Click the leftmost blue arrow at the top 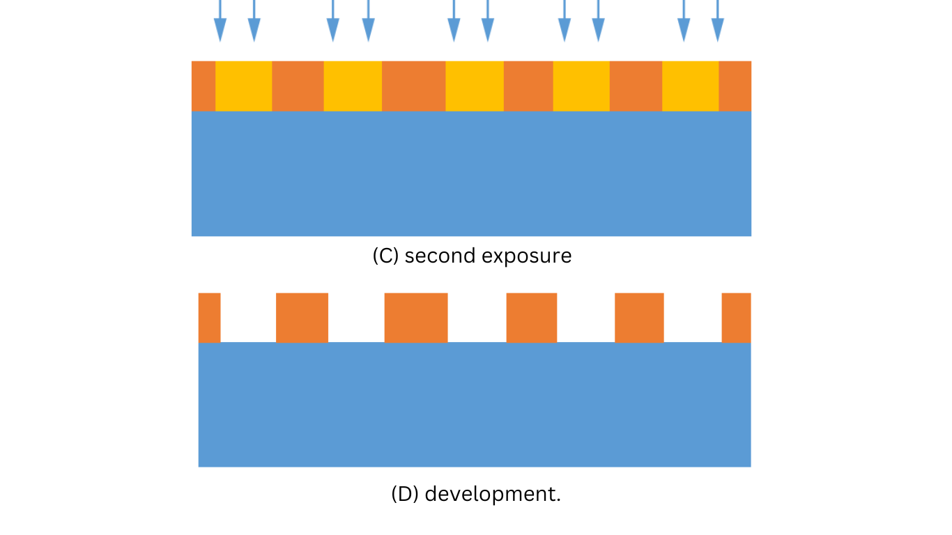(x=220, y=21)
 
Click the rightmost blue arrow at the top (x=717, y=21)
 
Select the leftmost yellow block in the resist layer (x=243, y=86)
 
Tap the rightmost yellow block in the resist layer (x=690, y=86)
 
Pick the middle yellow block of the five (x=475, y=86)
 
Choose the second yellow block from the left (x=353, y=86)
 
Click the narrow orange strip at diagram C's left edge (x=204, y=86)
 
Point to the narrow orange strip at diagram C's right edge (x=735, y=86)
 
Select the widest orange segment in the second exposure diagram (x=413, y=86)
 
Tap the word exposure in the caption (x=527, y=256)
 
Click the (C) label (x=385, y=256)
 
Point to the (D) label (x=405, y=494)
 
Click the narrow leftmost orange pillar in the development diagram (x=210, y=318)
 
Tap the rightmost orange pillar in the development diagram (x=736, y=318)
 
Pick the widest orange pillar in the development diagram (x=416, y=318)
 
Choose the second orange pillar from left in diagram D (x=302, y=318)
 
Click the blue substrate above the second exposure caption (x=471, y=173)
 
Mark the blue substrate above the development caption (x=475, y=405)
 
